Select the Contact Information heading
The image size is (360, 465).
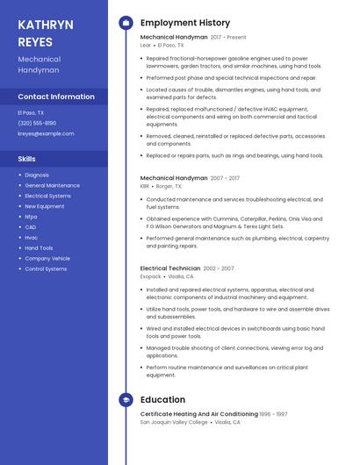click(56, 97)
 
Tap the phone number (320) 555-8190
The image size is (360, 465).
click(37, 123)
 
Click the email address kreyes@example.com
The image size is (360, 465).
click(46, 133)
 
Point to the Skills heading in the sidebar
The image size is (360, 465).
click(27, 159)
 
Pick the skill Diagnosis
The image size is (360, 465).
click(37, 175)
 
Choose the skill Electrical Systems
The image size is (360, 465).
click(47, 196)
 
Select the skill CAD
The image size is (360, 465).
click(31, 227)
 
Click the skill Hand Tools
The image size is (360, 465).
click(39, 248)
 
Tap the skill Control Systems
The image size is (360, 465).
click(46, 268)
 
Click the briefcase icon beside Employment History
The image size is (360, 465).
click(126, 23)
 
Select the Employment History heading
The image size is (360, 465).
click(185, 23)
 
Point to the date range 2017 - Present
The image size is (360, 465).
click(228, 38)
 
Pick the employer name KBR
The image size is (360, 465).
click(145, 186)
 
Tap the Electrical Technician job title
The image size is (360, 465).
click(169, 268)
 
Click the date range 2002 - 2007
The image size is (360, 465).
click(219, 268)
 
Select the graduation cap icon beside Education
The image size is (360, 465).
click(126, 400)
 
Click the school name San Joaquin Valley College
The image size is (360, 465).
click(174, 422)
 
